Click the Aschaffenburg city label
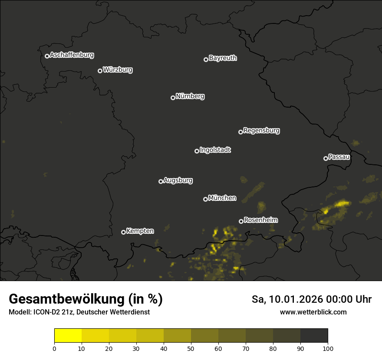click(x=72, y=55)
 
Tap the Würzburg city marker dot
click(x=100, y=71)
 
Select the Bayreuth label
click(x=223, y=58)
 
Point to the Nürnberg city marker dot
click(x=173, y=98)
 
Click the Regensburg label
click(x=261, y=130)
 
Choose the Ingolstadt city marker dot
click(x=197, y=151)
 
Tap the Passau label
click(x=339, y=157)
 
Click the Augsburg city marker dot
click(x=161, y=181)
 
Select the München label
click(x=222, y=198)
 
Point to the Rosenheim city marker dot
click(x=241, y=221)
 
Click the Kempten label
click(x=140, y=231)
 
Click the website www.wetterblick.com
click(x=313, y=312)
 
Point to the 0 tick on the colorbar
click(x=54, y=348)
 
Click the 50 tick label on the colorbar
click(x=191, y=348)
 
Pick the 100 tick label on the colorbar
click(x=328, y=348)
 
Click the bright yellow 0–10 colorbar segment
click(x=68, y=335)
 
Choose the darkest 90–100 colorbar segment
click(x=314, y=335)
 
